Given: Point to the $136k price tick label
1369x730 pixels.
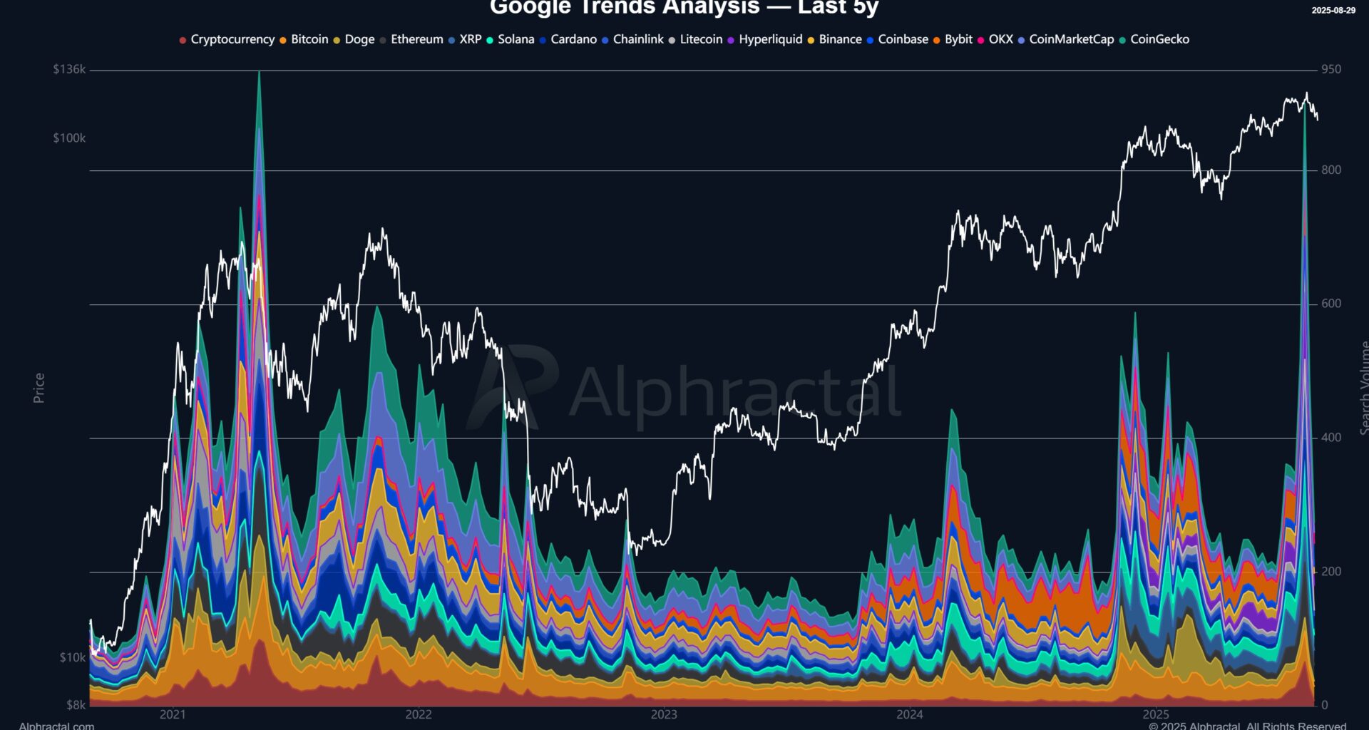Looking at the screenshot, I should pyautogui.click(x=69, y=69).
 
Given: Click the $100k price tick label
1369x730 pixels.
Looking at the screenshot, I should pyautogui.click(x=69, y=138).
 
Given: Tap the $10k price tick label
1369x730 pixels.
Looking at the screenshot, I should pyautogui.click(x=72, y=657).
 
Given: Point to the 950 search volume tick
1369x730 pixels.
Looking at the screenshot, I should pyautogui.click(x=1330, y=69).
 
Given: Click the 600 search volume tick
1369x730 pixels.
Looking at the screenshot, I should pyautogui.click(x=1330, y=304).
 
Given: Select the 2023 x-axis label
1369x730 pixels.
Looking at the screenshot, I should pyautogui.click(x=664, y=714).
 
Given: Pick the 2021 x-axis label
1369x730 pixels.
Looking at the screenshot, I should pyautogui.click(x=173, y=714).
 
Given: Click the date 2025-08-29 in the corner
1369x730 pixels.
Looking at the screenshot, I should pyautogui.click(x=1333, y=10).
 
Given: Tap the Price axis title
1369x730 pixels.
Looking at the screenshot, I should pyautogui.click(x=39, y=388).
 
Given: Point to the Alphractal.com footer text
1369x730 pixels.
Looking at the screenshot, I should pyautogui.click(x=56, y=726).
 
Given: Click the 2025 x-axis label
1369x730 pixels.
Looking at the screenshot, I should pyautogui.click(x=1156, y=714).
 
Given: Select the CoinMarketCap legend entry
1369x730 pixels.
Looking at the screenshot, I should pyautogui.click(x=1070, y=39).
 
